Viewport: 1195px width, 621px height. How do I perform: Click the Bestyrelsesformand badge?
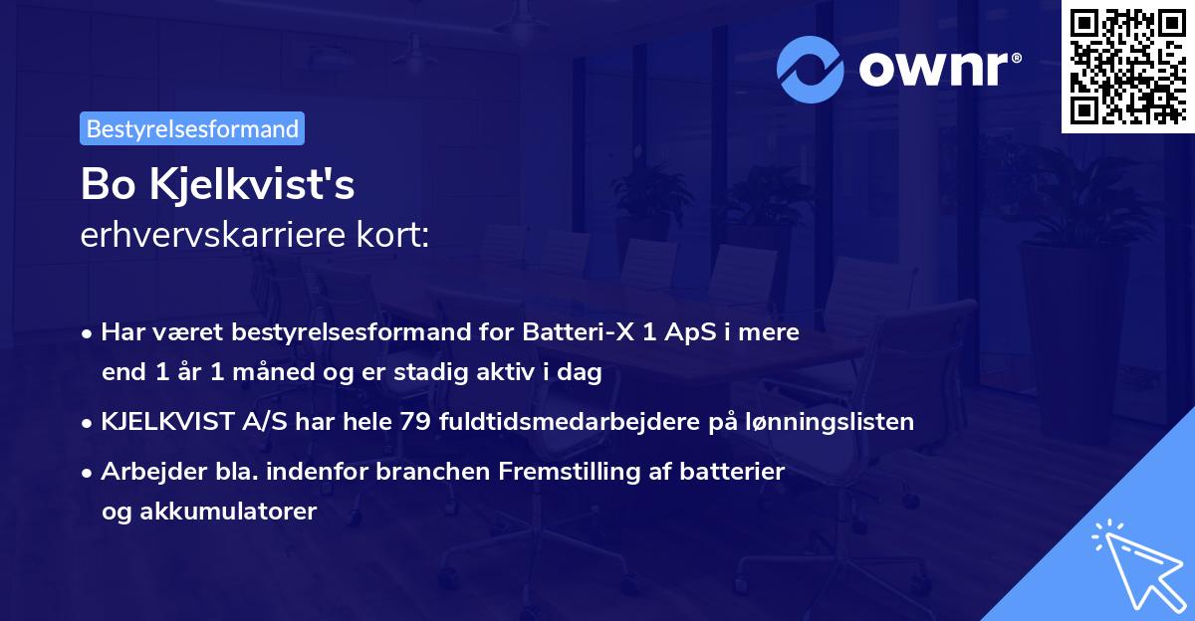click(x=191, y=128)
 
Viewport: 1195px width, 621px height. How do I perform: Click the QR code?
click(x=1127, y=66)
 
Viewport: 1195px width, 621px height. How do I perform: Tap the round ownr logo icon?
click(x=811, y=70)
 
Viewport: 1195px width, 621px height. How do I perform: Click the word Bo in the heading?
click(x=104, y=185)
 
